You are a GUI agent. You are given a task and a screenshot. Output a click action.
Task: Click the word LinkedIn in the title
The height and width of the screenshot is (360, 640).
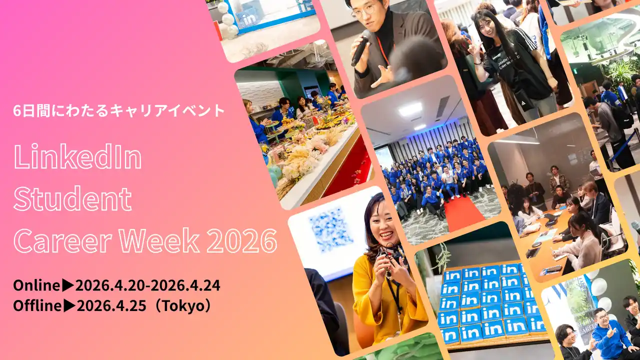pyautogui.click(x=77, y=156)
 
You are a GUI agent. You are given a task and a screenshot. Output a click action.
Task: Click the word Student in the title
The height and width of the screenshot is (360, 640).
pyautogui.click(x=72, y=198)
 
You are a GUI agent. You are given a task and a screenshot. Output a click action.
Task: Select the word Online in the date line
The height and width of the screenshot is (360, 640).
pyautogui.click(x=37, y=285)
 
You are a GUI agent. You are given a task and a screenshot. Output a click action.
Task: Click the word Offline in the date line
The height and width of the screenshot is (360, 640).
pyautogui.click(x=37, y=306)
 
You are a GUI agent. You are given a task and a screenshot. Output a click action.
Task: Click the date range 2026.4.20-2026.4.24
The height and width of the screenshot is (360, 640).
pyautogui.click(x=147, y=285)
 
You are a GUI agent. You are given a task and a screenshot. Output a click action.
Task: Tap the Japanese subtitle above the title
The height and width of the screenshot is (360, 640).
pyautogui.click(x=119, y=111)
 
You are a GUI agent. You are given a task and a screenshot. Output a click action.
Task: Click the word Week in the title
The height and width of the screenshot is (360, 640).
pyautogui.click(x=159, y=240)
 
